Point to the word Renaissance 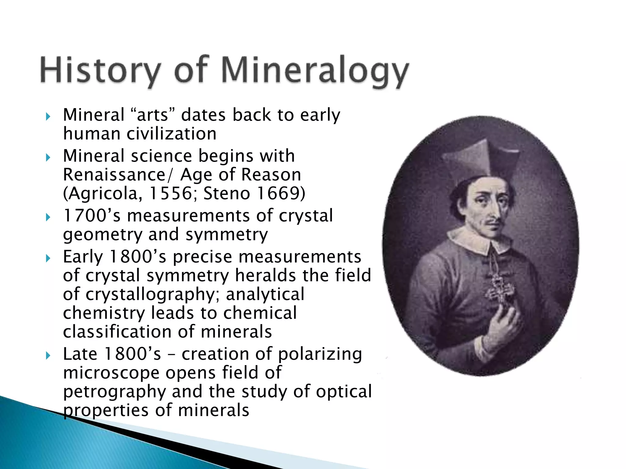click(114, 175)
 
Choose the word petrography click(115, 392)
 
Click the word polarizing click(320, 354)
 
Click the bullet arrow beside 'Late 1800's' click(48, 355)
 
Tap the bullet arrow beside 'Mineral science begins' click(48, 158)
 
